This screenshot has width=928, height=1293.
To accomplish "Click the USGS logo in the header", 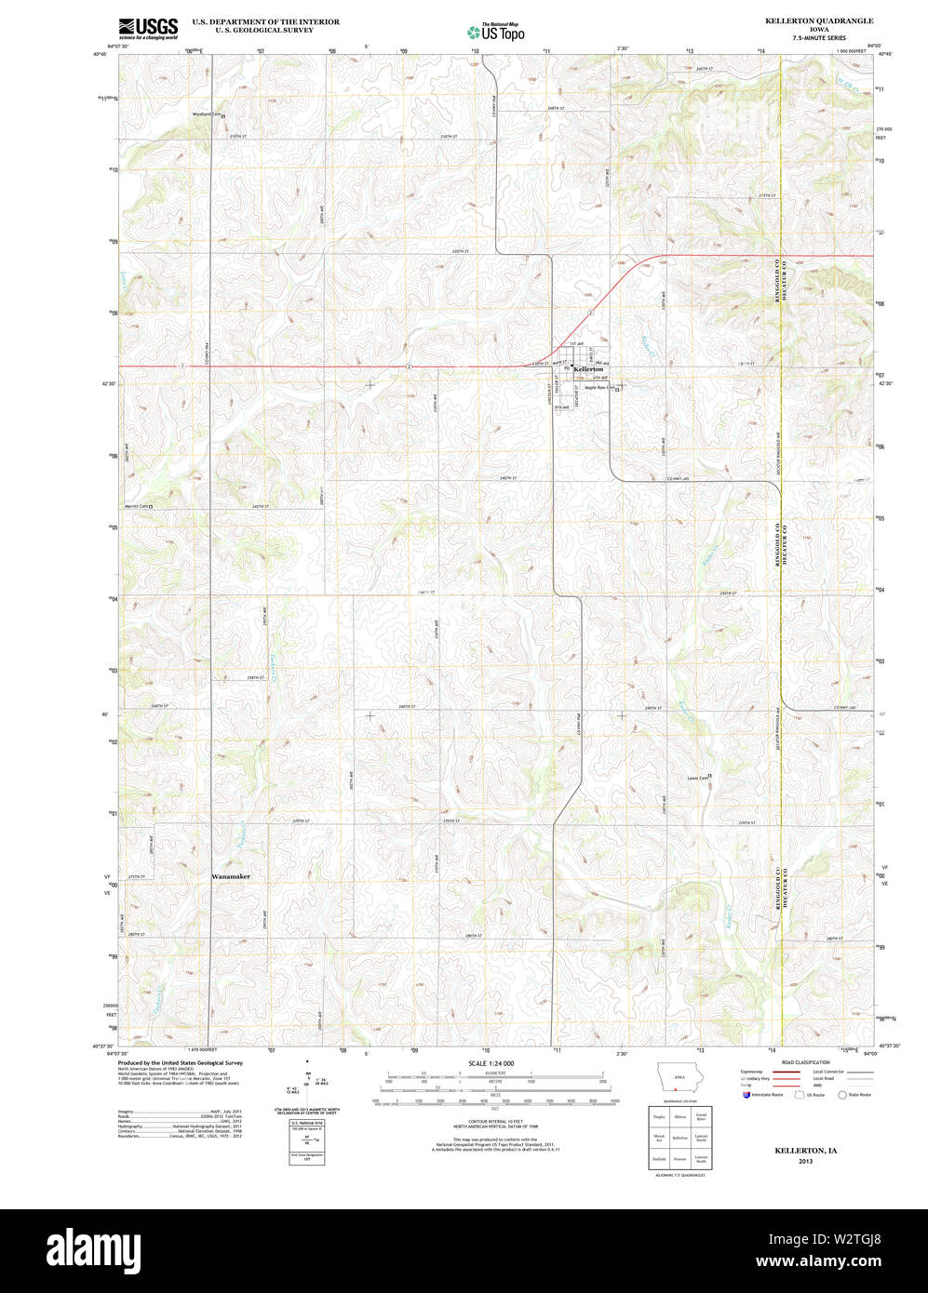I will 148,29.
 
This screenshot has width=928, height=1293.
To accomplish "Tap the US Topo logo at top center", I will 496,32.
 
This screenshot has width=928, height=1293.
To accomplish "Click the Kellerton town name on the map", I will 588,369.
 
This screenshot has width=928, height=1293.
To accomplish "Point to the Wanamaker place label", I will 231,876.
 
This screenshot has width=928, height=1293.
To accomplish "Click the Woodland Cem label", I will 207,114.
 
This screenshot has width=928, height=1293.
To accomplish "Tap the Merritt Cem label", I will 138,506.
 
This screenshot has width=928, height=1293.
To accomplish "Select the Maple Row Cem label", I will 598,388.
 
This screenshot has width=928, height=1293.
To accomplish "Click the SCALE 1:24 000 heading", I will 491,1062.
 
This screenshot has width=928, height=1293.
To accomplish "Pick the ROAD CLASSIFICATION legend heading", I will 805,1062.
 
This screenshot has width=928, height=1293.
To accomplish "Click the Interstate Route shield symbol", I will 746,1095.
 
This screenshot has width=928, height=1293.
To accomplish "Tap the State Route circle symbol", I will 842,1095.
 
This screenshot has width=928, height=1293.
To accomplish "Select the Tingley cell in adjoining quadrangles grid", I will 659,1116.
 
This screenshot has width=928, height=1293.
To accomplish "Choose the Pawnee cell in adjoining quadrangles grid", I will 680,1158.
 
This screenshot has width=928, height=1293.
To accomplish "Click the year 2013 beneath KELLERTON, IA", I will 806,1161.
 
